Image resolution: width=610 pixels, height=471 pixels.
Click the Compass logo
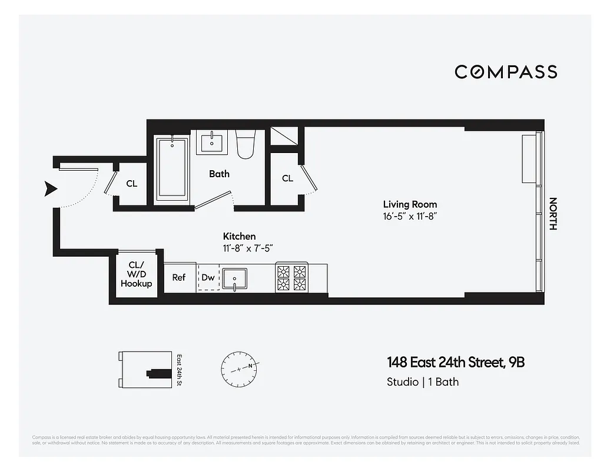point(506,72)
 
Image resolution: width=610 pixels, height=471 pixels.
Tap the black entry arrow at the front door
point(51,188)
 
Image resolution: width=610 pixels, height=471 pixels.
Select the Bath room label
point(219,174)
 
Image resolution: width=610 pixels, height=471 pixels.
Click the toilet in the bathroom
point(245,145)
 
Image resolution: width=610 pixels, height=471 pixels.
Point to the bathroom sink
point(211,142)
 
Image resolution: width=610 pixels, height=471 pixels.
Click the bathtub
point(171,169)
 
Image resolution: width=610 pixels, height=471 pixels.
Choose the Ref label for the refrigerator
point(179,277)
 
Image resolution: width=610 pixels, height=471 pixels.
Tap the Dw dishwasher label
point(208,277)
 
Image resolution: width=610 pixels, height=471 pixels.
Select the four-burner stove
point(292,278)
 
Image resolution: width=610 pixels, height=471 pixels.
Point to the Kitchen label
point(239,236)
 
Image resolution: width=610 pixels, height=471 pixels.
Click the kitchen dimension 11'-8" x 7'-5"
point(247,248)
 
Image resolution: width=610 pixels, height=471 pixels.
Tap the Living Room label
point(410,204)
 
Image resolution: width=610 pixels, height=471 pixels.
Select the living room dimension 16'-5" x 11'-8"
point(410,217)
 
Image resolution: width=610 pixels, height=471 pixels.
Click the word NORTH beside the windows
point(552,213)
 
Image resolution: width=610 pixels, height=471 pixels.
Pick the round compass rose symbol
point(239,369)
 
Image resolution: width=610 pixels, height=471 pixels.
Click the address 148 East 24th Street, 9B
point(455,362)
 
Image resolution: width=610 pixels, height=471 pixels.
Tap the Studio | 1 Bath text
point(422,382)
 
